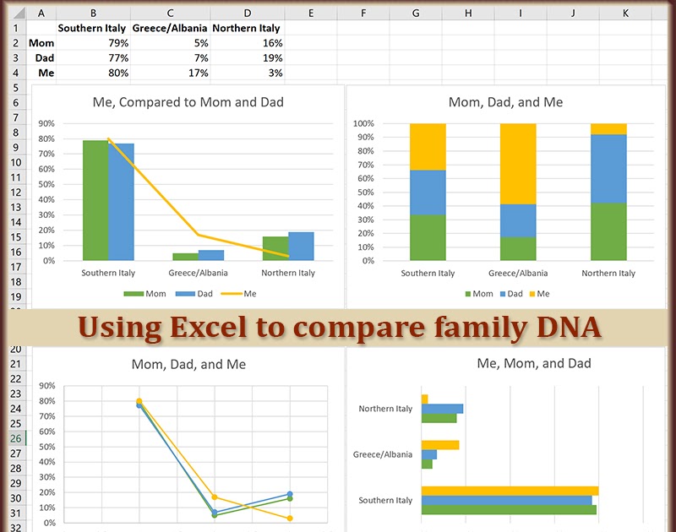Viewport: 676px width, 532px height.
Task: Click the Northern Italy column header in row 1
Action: [x=246, y=28]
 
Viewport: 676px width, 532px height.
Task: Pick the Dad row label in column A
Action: [x=41, y=58]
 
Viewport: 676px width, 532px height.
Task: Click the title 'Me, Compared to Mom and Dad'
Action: [x=188, y=102]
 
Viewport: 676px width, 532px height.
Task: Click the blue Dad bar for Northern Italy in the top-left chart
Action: [x=301, y=246]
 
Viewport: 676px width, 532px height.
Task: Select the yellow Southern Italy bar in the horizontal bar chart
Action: [x=509, y=491]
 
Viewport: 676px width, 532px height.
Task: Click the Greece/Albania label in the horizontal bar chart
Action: [x=383, y=454]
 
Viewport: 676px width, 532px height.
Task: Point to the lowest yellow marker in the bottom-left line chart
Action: [x=290, y=518]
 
